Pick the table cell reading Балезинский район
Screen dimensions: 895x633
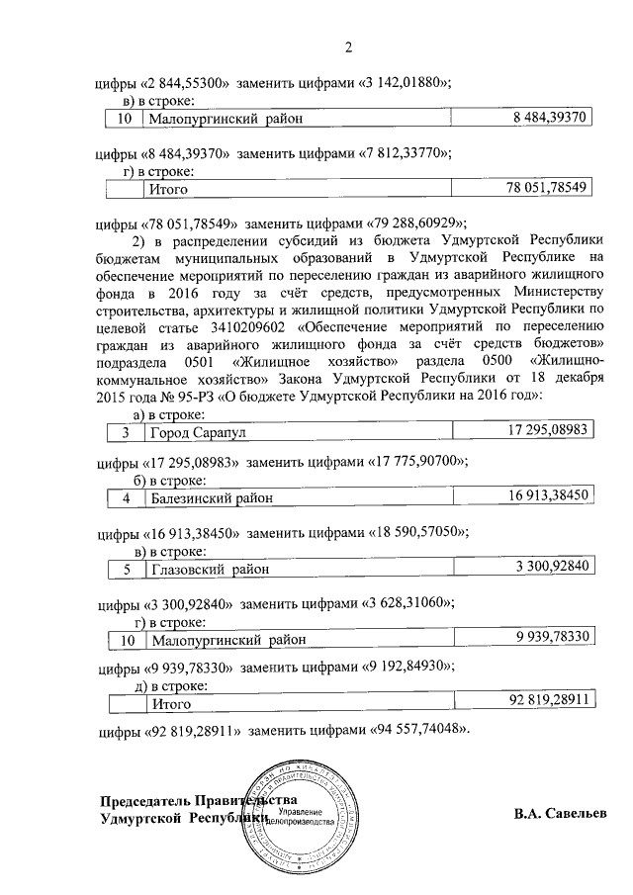(x=211, y=498)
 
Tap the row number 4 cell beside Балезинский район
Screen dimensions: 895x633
(x=125, y=498)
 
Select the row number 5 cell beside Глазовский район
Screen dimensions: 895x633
(x=125, y=569)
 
